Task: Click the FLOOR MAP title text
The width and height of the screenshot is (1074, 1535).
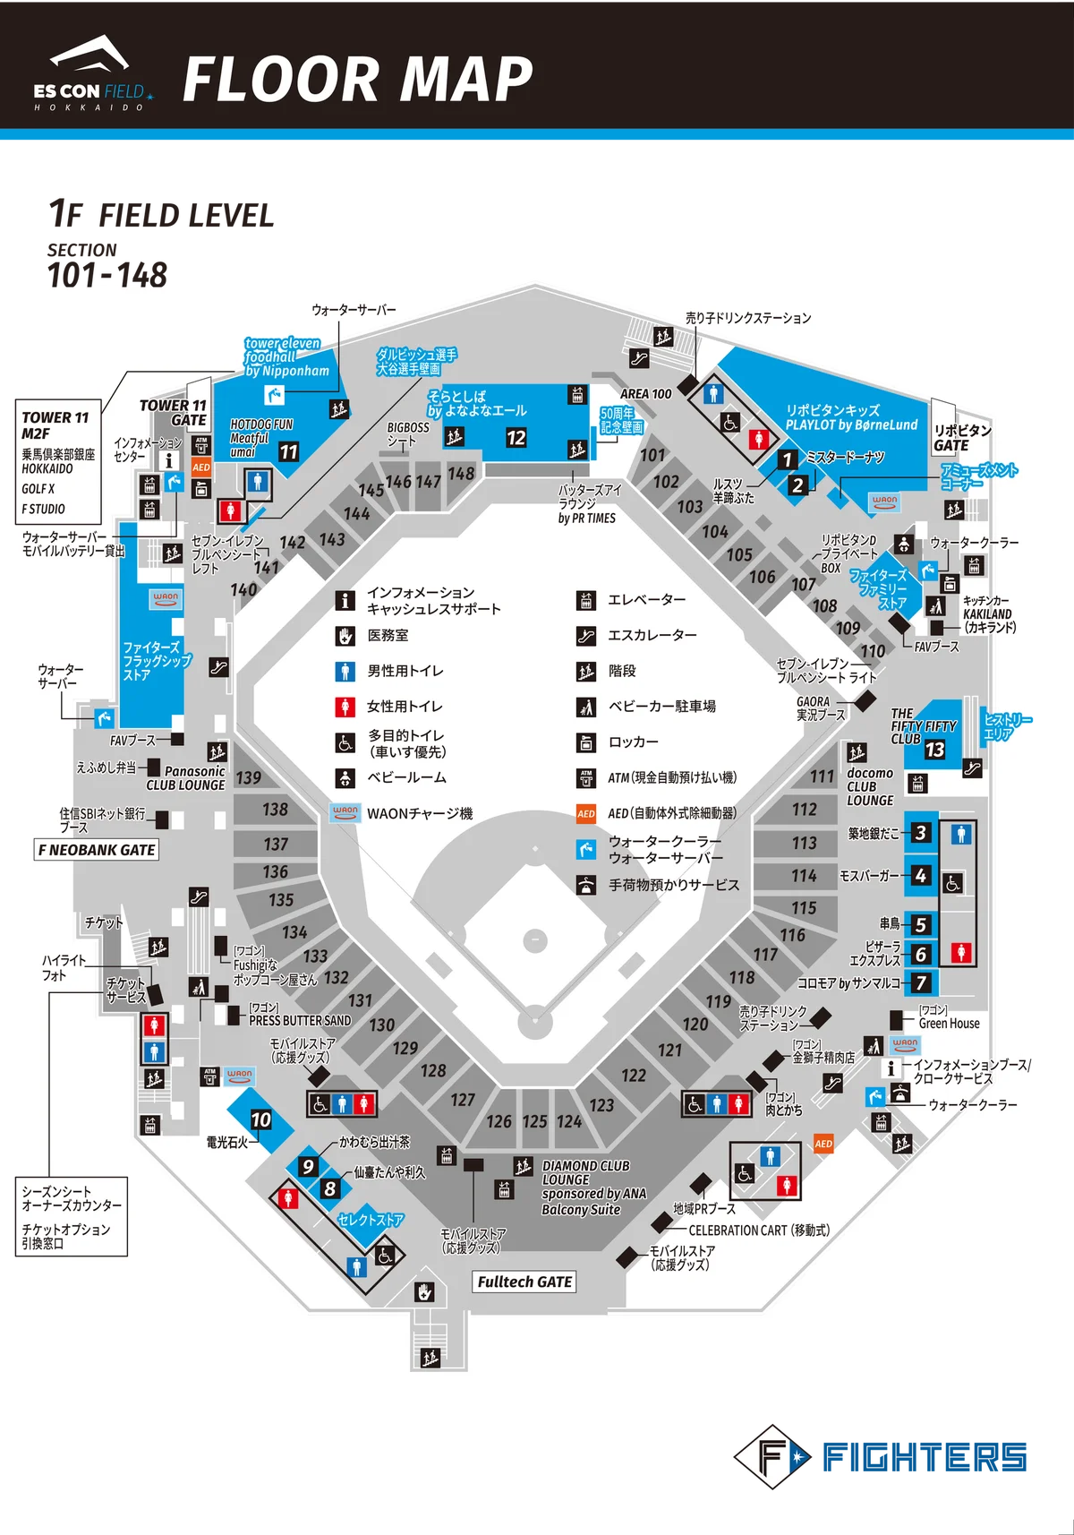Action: point(357,80)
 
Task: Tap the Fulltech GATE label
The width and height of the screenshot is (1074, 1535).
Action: point(524,1282)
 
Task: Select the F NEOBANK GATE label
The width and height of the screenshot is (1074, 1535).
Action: point(97,850)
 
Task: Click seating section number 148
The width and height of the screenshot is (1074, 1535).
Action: point(461,473)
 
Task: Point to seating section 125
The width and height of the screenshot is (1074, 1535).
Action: point(535,1121)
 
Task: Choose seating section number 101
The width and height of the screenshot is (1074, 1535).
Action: point(652,455)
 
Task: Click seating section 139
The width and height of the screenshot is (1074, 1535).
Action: point(249,777)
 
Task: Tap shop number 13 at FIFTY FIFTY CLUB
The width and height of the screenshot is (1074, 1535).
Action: point(934,750)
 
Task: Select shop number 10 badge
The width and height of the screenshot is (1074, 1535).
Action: point(260,1119)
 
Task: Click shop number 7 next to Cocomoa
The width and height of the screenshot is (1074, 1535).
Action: point(921,982)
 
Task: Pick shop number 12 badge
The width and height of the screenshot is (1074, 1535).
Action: point(516,438)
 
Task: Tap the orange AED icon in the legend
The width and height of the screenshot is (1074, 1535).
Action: point(586,814)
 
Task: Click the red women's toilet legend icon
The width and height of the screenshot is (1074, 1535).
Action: point(345,707)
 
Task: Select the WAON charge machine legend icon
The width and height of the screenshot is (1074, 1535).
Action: point(345,813)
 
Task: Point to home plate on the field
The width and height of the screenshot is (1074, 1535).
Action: point(534,1020)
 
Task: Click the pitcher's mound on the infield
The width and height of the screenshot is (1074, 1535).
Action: point(534,939)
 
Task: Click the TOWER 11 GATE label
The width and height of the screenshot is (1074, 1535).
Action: point(174,413)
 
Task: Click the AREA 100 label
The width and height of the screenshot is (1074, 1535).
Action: point(645,394)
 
